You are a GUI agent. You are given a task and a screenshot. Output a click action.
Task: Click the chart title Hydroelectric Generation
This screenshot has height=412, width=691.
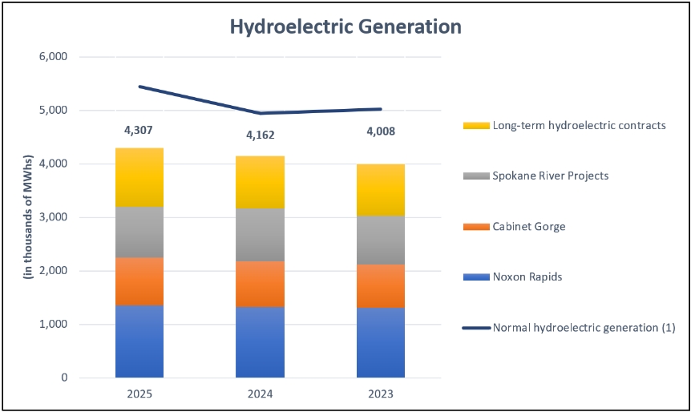(x=345, y=27)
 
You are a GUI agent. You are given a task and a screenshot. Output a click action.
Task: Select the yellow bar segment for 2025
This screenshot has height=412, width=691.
(x=139, y=178)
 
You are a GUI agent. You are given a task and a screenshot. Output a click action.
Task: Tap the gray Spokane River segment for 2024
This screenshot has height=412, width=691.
(x=260, y=235)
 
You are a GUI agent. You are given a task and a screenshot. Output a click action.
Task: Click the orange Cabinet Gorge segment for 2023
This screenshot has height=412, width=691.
(x=381, y=286)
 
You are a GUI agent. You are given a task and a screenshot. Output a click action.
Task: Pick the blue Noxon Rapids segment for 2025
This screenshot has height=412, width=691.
(x=139, y=341)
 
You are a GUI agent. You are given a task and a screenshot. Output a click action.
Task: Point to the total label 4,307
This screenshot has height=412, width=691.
(x=139, y=131)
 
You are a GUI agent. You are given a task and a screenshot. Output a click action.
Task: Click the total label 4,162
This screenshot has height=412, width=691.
(x=260, y=135)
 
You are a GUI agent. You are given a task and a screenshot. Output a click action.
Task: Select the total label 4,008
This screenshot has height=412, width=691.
(x=381, y=131)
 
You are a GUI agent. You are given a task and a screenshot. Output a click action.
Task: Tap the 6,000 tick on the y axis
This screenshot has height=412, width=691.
(x=55, y=57)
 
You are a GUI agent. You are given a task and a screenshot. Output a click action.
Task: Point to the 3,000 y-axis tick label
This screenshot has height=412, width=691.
(x=55, y=217)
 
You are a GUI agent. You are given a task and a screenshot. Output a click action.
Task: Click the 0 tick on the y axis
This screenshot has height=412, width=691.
(x=65, y=378)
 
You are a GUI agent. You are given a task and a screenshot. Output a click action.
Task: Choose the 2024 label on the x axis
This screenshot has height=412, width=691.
(x=260, y=394)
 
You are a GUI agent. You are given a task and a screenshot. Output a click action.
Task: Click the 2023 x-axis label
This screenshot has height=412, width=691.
(x=381, y=394)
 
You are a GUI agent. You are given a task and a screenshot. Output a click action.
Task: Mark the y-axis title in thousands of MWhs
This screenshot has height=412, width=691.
(x=28, y=216)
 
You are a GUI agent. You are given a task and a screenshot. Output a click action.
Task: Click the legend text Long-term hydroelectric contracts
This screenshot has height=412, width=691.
(x=579, y=126)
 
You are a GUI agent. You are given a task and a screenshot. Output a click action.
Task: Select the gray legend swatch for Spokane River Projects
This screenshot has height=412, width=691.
(x=476, y=176)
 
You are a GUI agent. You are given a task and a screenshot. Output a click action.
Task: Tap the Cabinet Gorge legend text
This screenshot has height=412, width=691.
(x=529, y=227)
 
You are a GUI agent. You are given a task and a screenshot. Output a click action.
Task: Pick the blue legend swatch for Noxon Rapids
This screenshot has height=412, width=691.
(x=476, y=277)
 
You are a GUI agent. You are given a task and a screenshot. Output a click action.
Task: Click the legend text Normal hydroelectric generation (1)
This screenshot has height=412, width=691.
(x=584, y=328)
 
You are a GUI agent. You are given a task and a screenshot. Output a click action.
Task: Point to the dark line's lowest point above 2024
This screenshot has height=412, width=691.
(x=260, y=113)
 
